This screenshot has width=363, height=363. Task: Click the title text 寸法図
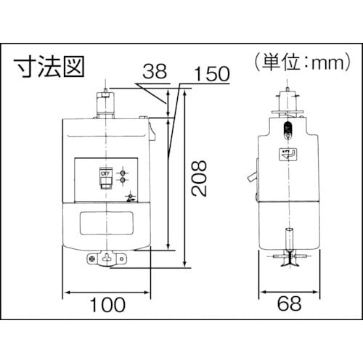click(50, 66)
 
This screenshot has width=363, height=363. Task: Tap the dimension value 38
click(153, 72)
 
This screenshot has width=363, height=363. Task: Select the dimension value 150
click(213, 74)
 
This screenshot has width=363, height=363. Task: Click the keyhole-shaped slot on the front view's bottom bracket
click(110, 257)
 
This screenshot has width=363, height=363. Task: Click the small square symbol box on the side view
click(287, 153)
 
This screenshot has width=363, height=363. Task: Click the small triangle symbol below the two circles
click(130, 197)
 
